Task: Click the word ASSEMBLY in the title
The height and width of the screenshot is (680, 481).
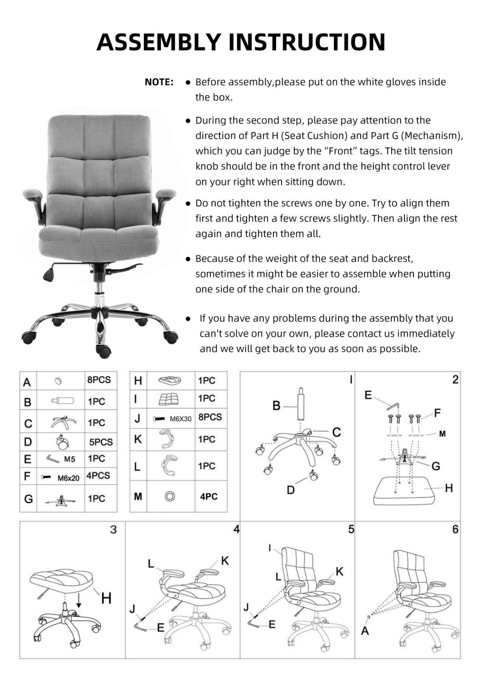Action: [x=159, y=42]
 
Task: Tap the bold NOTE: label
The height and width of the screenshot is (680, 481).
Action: [x=159, y=82]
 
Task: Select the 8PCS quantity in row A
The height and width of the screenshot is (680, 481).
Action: [x=99, y=380]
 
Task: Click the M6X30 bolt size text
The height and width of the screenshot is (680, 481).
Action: [x=180, y=419]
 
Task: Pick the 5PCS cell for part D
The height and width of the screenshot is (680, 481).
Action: [x=101, y=442]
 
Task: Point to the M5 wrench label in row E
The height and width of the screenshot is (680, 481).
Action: [x=70, y=459]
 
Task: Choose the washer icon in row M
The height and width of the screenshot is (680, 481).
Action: [x=170, y=496]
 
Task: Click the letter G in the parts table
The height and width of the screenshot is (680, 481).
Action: [x=28, y=499]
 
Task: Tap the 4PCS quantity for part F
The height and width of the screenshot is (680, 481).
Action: [x=98, y=476]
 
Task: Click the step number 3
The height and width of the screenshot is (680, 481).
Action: [x=113, y=530]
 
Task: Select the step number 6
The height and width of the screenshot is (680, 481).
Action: [x=455, y=530]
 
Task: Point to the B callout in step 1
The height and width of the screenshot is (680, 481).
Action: [x=276, y=406]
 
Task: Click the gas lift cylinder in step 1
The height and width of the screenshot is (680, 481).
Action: [x=301, y=404]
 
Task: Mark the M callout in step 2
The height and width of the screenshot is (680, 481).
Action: [x=442, y=434]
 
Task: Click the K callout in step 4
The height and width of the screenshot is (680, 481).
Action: [x=225, y=561]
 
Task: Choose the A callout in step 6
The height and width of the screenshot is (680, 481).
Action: [x=365, y=631]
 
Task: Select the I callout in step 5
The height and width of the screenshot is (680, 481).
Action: [x=270, y=548]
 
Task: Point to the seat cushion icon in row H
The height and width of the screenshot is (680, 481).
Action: [x=170, y=380]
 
